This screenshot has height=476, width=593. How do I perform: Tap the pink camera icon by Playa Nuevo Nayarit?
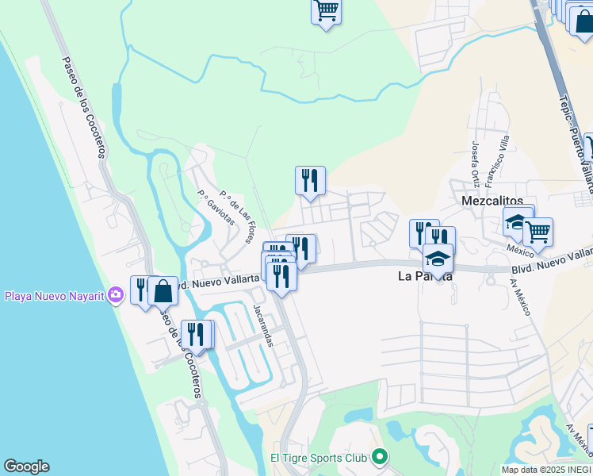coord(117,296)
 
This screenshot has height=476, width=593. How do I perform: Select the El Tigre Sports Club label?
coord(319,458)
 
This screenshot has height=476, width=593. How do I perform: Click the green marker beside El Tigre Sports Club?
coord(379,457)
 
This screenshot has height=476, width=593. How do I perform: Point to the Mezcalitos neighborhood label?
coord(490,202)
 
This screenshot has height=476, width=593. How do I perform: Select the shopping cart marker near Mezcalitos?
coord(538,232)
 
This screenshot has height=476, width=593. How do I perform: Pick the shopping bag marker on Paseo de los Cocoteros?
coord(163,291)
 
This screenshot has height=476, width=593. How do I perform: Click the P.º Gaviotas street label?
coord(216,208)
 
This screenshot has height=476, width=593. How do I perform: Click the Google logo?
coord(26,466)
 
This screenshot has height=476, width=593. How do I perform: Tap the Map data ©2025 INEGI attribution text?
coord(546,470)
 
